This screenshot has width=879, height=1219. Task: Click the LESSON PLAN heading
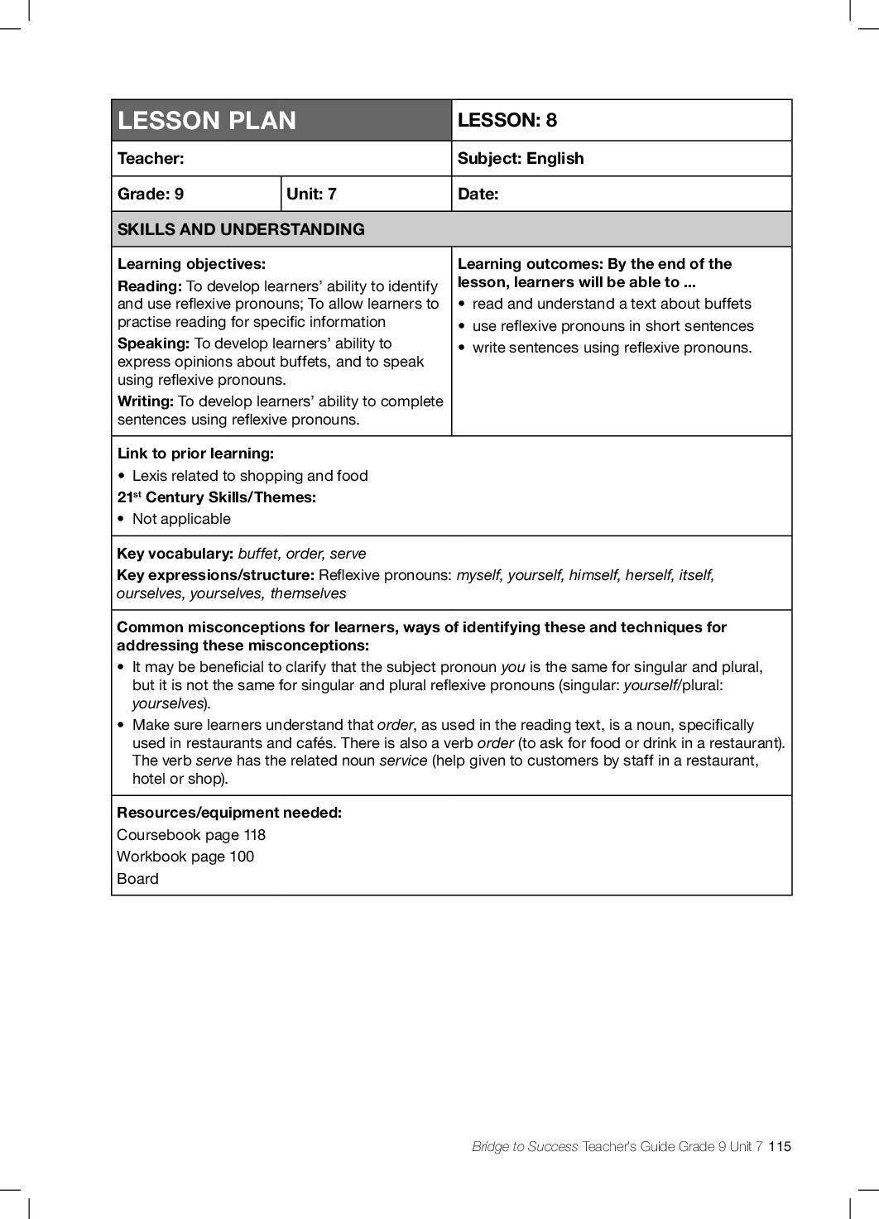click(207, 121)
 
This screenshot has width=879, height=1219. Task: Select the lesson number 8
click(551, 121)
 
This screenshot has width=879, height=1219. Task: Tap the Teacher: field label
click(151, 159)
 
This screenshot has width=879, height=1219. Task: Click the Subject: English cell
click(521, 159)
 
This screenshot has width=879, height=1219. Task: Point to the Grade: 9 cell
click(151, 194)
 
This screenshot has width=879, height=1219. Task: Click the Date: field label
click(478, 194)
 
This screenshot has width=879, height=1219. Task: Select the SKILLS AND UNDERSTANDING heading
click(241, 230)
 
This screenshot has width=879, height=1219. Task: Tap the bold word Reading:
click(150, 286)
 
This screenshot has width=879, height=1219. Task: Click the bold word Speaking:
click(154, 343)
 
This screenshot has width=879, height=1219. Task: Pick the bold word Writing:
click(146, 401)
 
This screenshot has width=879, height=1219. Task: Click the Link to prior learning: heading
click(195, 454)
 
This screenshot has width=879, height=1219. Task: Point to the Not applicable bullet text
click(181, 519)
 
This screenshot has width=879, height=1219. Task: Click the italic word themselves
click(308, 593)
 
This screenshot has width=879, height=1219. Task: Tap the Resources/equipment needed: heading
click(229, 813)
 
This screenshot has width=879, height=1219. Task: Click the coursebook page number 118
click(254, 835)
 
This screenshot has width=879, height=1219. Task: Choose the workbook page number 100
click(242, 857)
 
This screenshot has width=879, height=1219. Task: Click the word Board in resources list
click(137, 879)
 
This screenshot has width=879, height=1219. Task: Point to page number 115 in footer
click(780, 1146)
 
